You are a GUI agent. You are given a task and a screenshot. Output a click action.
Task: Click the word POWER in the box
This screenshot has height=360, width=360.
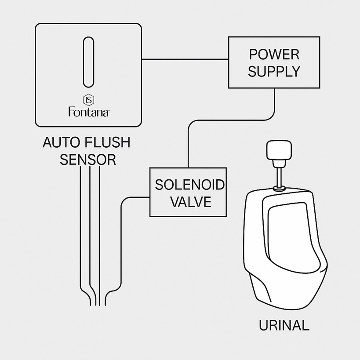click(274, 55)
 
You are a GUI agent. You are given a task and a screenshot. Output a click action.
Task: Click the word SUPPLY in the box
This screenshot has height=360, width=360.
click(274, 72)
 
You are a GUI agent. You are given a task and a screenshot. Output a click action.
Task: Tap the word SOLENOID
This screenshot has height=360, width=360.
click(189, 185)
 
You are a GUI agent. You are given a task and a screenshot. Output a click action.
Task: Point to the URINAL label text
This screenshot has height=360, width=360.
click(284, 326)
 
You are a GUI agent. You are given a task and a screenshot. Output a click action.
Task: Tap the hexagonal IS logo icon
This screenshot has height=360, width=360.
click(88, 99)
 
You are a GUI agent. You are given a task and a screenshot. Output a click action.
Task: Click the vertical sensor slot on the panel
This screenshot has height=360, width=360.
click(88, 62)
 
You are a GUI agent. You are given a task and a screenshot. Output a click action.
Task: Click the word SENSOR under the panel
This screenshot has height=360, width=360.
click(88, 160)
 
